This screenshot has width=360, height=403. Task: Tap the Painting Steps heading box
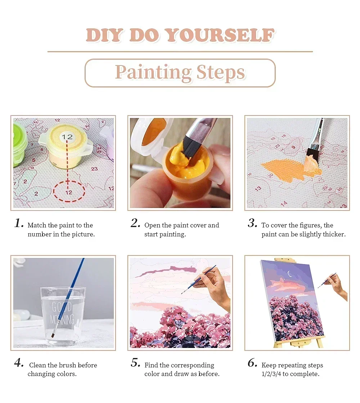(x=180, y=73)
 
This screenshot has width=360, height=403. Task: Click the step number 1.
(x=19, y=223)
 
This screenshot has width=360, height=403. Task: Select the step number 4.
(x=19, y=363)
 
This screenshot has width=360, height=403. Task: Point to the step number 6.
(x=252, y=363)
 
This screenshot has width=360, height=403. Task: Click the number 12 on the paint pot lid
(x=67, y=137)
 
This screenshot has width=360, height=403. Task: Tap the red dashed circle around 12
(x=69, y=191)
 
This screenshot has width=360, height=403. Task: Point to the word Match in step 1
(x=37, y=226)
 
